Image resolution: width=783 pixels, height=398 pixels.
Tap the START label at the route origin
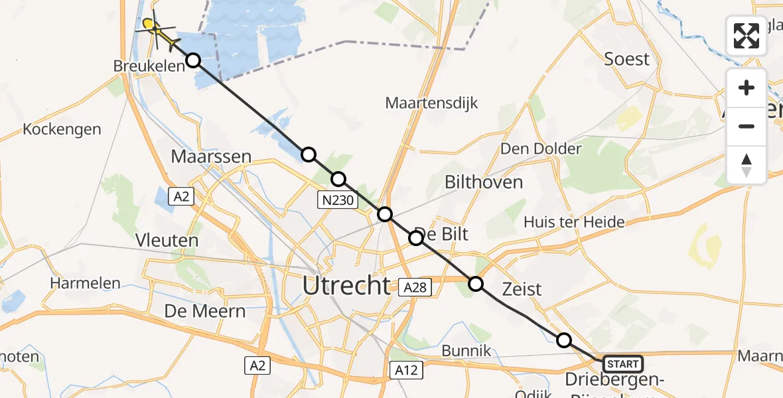622,364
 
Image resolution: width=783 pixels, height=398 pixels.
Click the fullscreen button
747,36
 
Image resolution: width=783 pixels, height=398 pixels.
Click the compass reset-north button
747,165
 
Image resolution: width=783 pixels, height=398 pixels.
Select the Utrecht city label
346,286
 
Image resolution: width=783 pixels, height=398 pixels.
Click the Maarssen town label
211,157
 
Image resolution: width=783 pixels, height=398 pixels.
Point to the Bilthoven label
484,182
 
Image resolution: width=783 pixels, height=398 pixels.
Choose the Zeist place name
522,289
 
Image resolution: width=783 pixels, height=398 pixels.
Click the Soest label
626,59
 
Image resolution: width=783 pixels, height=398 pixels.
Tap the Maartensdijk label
431,103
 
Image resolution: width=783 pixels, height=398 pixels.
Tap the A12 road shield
405,369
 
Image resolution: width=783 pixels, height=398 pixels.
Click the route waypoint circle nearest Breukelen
192,60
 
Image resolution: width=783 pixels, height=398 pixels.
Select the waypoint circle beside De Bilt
416,238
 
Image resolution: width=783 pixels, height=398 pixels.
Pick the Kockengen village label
62,129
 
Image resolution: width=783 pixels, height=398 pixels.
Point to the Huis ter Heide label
574,222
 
